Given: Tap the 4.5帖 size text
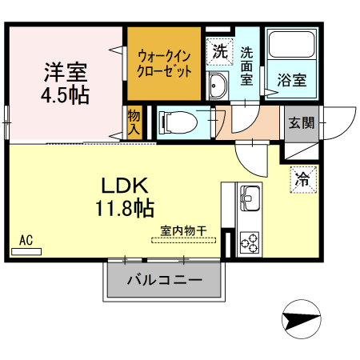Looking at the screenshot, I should pyautogui.click(x=65, y=94).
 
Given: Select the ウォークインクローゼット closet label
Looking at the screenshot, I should pyautogui.click(x=165, y=63).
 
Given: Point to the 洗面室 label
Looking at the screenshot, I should pyautogui.click(x=247, y=66).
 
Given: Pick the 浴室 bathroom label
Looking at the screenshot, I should pyautogui.click(x=291, y=80).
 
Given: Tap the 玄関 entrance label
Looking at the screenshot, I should pyautogui.click(x=302, y=122).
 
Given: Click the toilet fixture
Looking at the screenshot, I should pyautogui.click(x=177, y=123).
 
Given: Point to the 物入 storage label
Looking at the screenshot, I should pyautogui.click(x=134, y=122).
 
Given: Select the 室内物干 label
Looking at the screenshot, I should pyautogui.click(x=183, y=230).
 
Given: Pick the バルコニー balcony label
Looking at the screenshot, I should pyautogui.click(x=163, y=281).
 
